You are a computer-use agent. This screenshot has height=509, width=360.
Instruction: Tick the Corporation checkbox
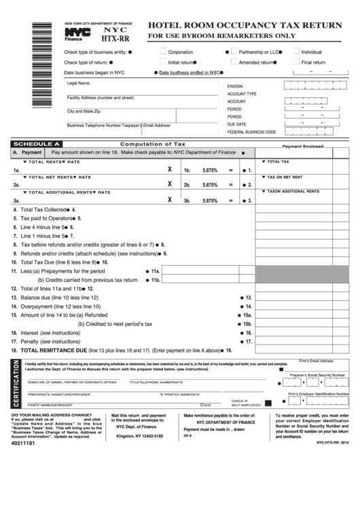(163, 51)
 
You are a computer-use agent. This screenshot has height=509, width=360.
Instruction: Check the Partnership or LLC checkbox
(234, 51)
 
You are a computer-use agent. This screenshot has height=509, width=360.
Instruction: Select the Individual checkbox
(297, 51)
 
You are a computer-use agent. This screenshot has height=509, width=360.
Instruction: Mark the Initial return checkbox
(163, 62)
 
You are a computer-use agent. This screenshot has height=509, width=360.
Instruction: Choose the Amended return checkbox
(234, 62)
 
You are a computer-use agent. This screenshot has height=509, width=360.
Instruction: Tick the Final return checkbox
(297, 62)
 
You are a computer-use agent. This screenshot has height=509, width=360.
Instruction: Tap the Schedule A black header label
(38, 144)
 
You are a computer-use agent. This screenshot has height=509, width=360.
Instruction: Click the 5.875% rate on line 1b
(210, 171)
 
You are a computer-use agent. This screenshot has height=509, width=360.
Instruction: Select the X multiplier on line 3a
(169, 200)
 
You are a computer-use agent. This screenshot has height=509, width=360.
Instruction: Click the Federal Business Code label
(251, 132)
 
